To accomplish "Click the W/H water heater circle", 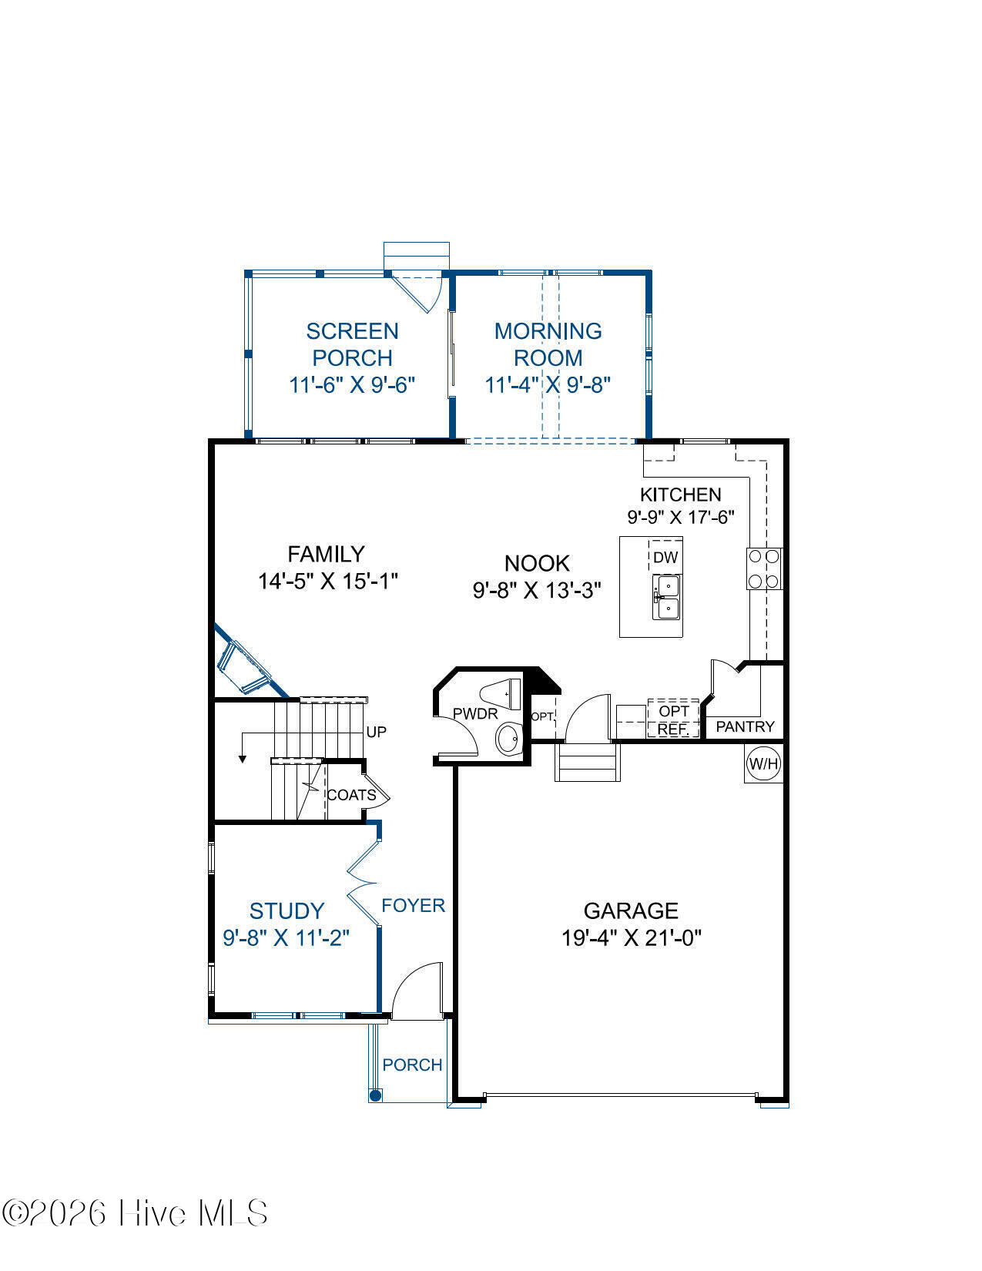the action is click(763, 763).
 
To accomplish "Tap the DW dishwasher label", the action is click(665, 558).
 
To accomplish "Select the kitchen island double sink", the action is click(667, 597).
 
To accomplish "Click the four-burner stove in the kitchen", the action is click(764, 568).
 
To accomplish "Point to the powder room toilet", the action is click(501, 694).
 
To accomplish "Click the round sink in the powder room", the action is click(509, 739).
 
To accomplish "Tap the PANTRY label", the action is click(745, 726).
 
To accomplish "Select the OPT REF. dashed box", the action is click(673, 718).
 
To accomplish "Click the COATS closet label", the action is click(351, 795).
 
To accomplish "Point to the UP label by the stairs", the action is click(376, 732).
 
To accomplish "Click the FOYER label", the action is click(414, 905).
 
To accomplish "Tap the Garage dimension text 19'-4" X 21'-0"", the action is click(631, 938).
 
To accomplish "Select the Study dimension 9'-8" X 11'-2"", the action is click(286, 938).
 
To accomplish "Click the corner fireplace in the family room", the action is click(244, 664).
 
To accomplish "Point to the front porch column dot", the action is click(376, 1095).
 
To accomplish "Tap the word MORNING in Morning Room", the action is click(548, 331).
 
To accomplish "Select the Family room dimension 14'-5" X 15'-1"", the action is click(328, 581).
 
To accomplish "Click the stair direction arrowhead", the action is click(242, 760).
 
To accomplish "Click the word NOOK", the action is click(537, 563).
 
